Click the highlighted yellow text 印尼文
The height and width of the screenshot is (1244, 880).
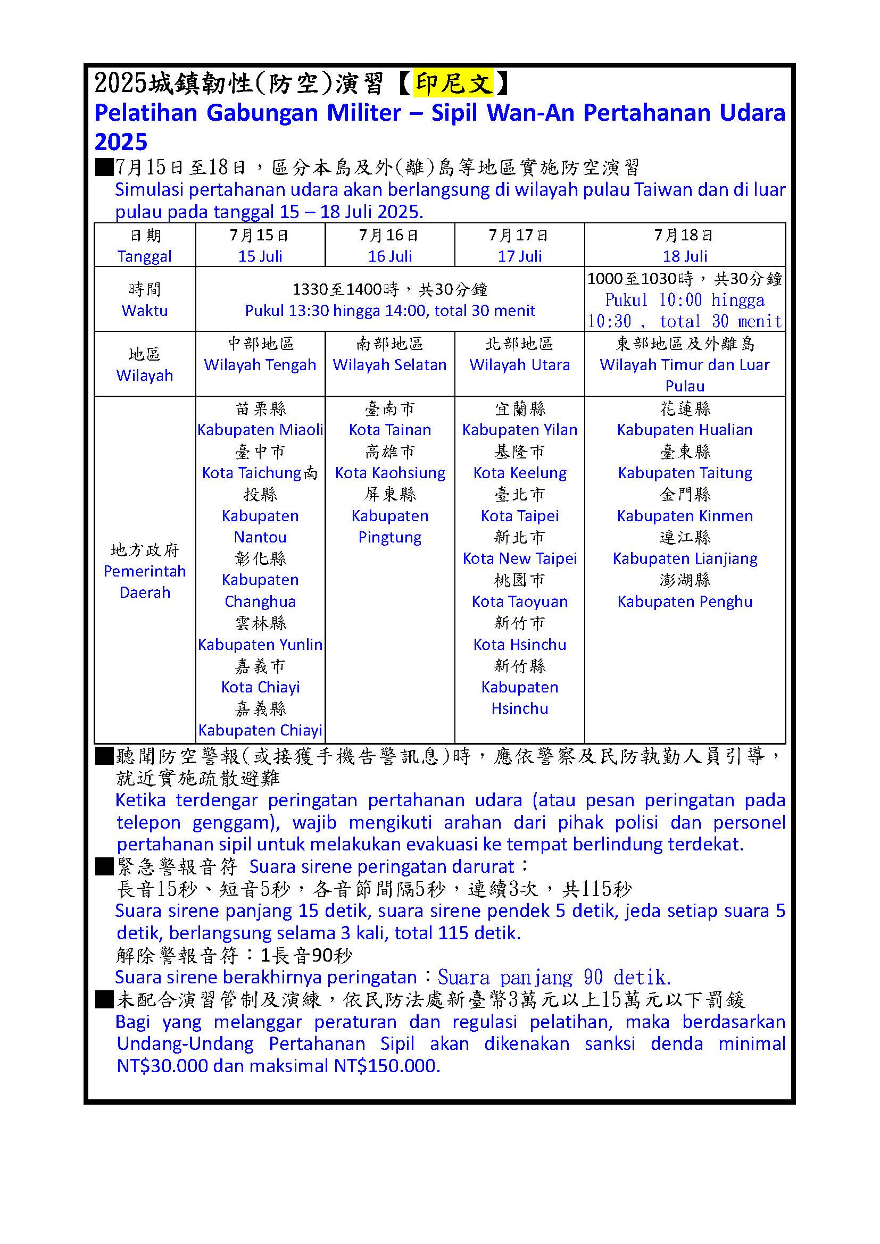pyautogui.click(x=452, y=84)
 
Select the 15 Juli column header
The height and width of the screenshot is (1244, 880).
pyautogui.click(x=260, y=256)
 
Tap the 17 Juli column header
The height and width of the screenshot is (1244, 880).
pyautogui.click(x=519, y=256)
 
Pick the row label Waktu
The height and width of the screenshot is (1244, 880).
pyautogui.click(x=145, y=311)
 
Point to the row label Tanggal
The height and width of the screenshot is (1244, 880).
pyautogui.click(x=145, y=256)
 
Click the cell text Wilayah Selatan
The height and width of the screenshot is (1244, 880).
pyautogui.click(x=389, y=365)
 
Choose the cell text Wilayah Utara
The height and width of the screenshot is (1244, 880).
pyautogui.click(x=519, y=365)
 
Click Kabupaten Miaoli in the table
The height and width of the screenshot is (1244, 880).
pyautogui.click(x=260, y=430)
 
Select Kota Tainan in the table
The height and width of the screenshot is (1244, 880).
pyautogui.click(x=389, y=430)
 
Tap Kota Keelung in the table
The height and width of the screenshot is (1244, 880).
pyautogui.click(x=519, y=472)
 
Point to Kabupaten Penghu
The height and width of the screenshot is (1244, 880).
pyautogui.click(x=684, y=602)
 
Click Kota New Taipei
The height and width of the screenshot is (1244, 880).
pyautogui.click(x=519, y=558)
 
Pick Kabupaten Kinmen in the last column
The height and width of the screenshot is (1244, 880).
pyautogui.click(x=684, y=516)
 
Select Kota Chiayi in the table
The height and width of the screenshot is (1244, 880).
pyautogui.click(x=260, y=687)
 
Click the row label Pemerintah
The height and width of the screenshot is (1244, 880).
pyautogui.click(x=145, y=571)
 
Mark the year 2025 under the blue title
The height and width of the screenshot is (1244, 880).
pyautogui.click(x=121, y=142)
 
